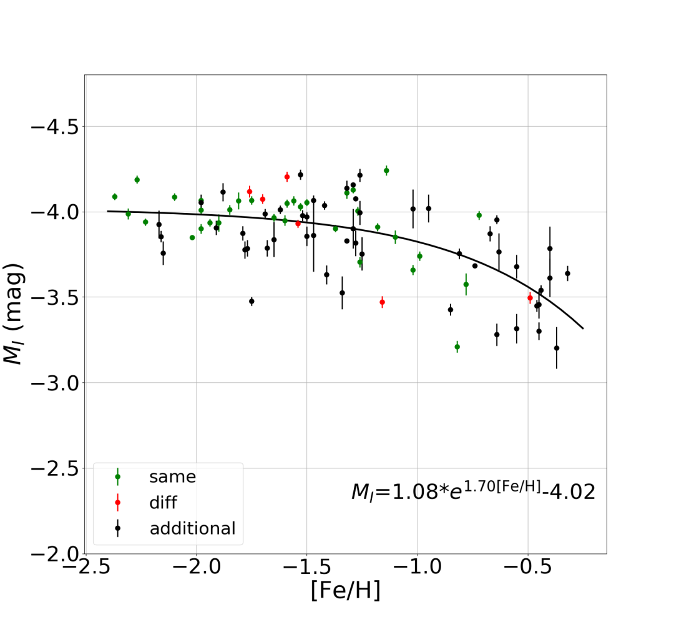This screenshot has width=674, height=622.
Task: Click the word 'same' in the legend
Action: click(x=172, y=477)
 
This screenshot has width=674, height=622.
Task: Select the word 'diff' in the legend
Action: click(x=163, y=503)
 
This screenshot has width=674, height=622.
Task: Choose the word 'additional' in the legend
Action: click(x=192, y=529)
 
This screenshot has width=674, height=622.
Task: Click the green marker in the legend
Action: click(x=117, y=477)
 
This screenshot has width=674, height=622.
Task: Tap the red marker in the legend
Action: click(x=117, y=503)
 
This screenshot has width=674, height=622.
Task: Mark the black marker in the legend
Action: click(x=117, y=529)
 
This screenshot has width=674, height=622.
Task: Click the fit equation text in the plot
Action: click(x=473, y=491)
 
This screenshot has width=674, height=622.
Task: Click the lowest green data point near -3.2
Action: click(x=457, y=347)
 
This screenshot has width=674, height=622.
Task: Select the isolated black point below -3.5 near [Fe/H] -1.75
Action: click(x=252, y=301)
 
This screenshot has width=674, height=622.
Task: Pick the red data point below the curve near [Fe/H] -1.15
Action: click(x=382, y=302)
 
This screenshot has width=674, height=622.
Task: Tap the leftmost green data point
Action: click(x=115, y=197)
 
